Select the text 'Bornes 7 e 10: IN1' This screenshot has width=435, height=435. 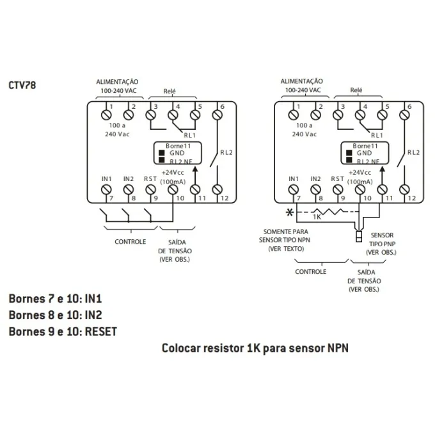(55, 299)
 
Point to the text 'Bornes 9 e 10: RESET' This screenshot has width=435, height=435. (63, 332)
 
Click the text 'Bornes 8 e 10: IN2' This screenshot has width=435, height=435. (55, 315)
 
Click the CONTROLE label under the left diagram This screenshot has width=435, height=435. (130, 242)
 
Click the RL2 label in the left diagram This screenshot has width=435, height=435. (226, 152)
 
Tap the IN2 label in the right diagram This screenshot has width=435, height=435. (315, 178)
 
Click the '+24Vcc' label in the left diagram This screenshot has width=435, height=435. (172, 173)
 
